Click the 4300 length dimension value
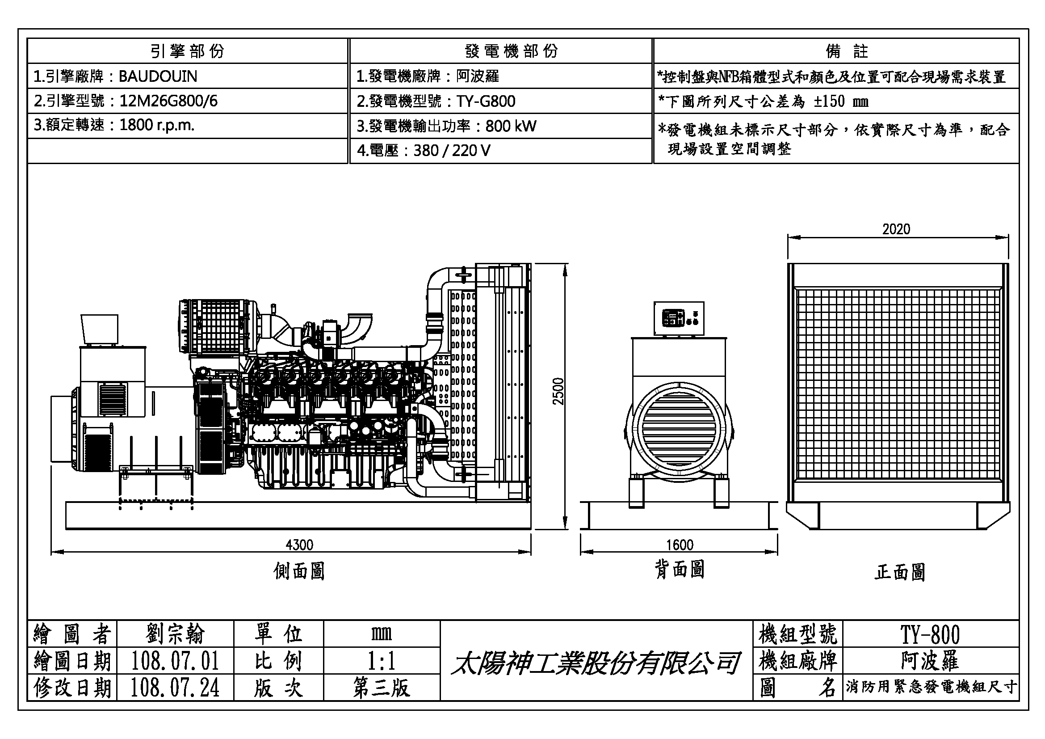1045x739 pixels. [299, 545]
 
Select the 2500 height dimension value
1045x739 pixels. [558, 391]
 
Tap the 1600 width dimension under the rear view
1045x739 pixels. [680, 545]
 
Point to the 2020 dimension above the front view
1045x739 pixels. [896, 229]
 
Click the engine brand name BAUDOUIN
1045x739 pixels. [158, 76]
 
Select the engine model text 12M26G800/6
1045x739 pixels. [168, 101]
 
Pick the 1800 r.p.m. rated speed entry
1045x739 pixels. [156, 125]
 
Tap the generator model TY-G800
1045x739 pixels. [486, 101]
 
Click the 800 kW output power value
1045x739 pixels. [511, 126]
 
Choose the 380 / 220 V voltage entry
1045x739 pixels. [452, 151]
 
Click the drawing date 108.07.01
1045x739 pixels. [175, 661]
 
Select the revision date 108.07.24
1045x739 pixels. [175, 688]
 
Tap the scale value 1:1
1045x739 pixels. [382, 661]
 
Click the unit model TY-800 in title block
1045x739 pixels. [930, 634]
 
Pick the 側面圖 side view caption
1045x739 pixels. [299, 571]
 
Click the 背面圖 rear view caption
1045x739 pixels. [680, 570]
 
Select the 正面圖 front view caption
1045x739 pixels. [900, 572]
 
